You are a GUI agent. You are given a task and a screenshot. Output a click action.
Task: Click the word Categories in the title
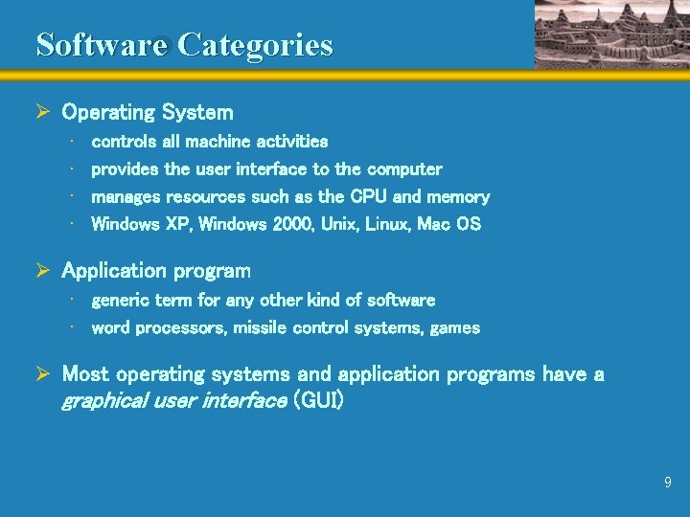[256, 45]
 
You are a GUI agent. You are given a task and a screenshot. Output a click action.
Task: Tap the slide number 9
[668, 483]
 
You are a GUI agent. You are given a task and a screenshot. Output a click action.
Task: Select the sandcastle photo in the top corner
[610, 34]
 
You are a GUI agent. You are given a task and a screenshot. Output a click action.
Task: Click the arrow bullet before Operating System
[43, 112]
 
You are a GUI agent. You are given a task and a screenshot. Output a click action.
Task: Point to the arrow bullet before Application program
[43, 271]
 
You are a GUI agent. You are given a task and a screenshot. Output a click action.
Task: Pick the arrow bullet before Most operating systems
[43, 374]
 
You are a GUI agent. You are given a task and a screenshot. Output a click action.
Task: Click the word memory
[458, 197]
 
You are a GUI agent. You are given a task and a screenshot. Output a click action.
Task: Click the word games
[455, 328]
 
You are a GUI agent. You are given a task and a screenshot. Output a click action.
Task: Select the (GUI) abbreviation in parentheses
[318, 400]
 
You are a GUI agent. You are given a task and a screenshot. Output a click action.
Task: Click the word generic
[120, 301]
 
